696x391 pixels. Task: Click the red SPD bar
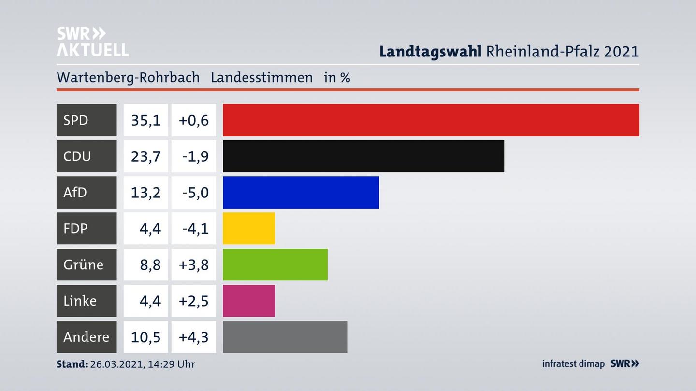tap(431, 120)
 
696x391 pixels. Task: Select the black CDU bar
tap(363, 156)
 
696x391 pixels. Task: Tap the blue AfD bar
tap(301, 192)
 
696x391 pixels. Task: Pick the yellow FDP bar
tap(248, 228)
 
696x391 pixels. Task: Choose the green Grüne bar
tap(275, 265)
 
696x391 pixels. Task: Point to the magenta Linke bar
tap(248, 301)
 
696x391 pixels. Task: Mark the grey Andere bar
tap(285, 337)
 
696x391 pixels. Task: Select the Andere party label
tap(87, 337)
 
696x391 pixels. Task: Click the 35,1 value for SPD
tap(145, 120)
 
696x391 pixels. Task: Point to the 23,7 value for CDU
tap(145, 156)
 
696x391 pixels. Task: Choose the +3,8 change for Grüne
tap(193, 265)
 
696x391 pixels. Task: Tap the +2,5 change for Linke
tap(193, 301)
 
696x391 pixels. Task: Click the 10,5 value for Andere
tap(145, 337)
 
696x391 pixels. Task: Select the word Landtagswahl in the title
tap(430, 51)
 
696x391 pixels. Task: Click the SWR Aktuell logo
tap(92, 42)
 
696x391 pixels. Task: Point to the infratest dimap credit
tap(573, 364)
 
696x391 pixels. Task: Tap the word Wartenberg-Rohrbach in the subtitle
tap(128, 77)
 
